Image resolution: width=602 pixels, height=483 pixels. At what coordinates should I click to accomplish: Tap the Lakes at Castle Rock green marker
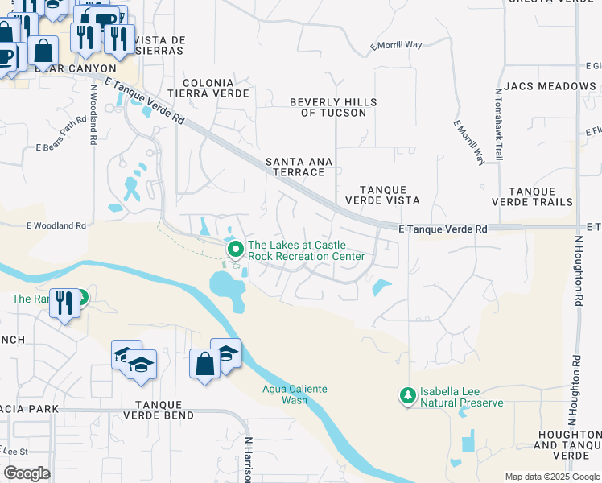tap(236, 250)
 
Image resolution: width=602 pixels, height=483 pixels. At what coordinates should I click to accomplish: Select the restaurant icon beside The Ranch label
tap(64, 303)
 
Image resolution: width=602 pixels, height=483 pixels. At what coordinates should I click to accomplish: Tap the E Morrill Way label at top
tap(396, 45)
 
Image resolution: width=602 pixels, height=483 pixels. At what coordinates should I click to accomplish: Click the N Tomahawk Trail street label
tap(499, 124)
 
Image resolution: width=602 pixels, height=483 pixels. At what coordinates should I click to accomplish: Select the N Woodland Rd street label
tap(94, 114)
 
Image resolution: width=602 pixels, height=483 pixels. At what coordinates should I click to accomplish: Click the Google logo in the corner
tap(27, 473)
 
